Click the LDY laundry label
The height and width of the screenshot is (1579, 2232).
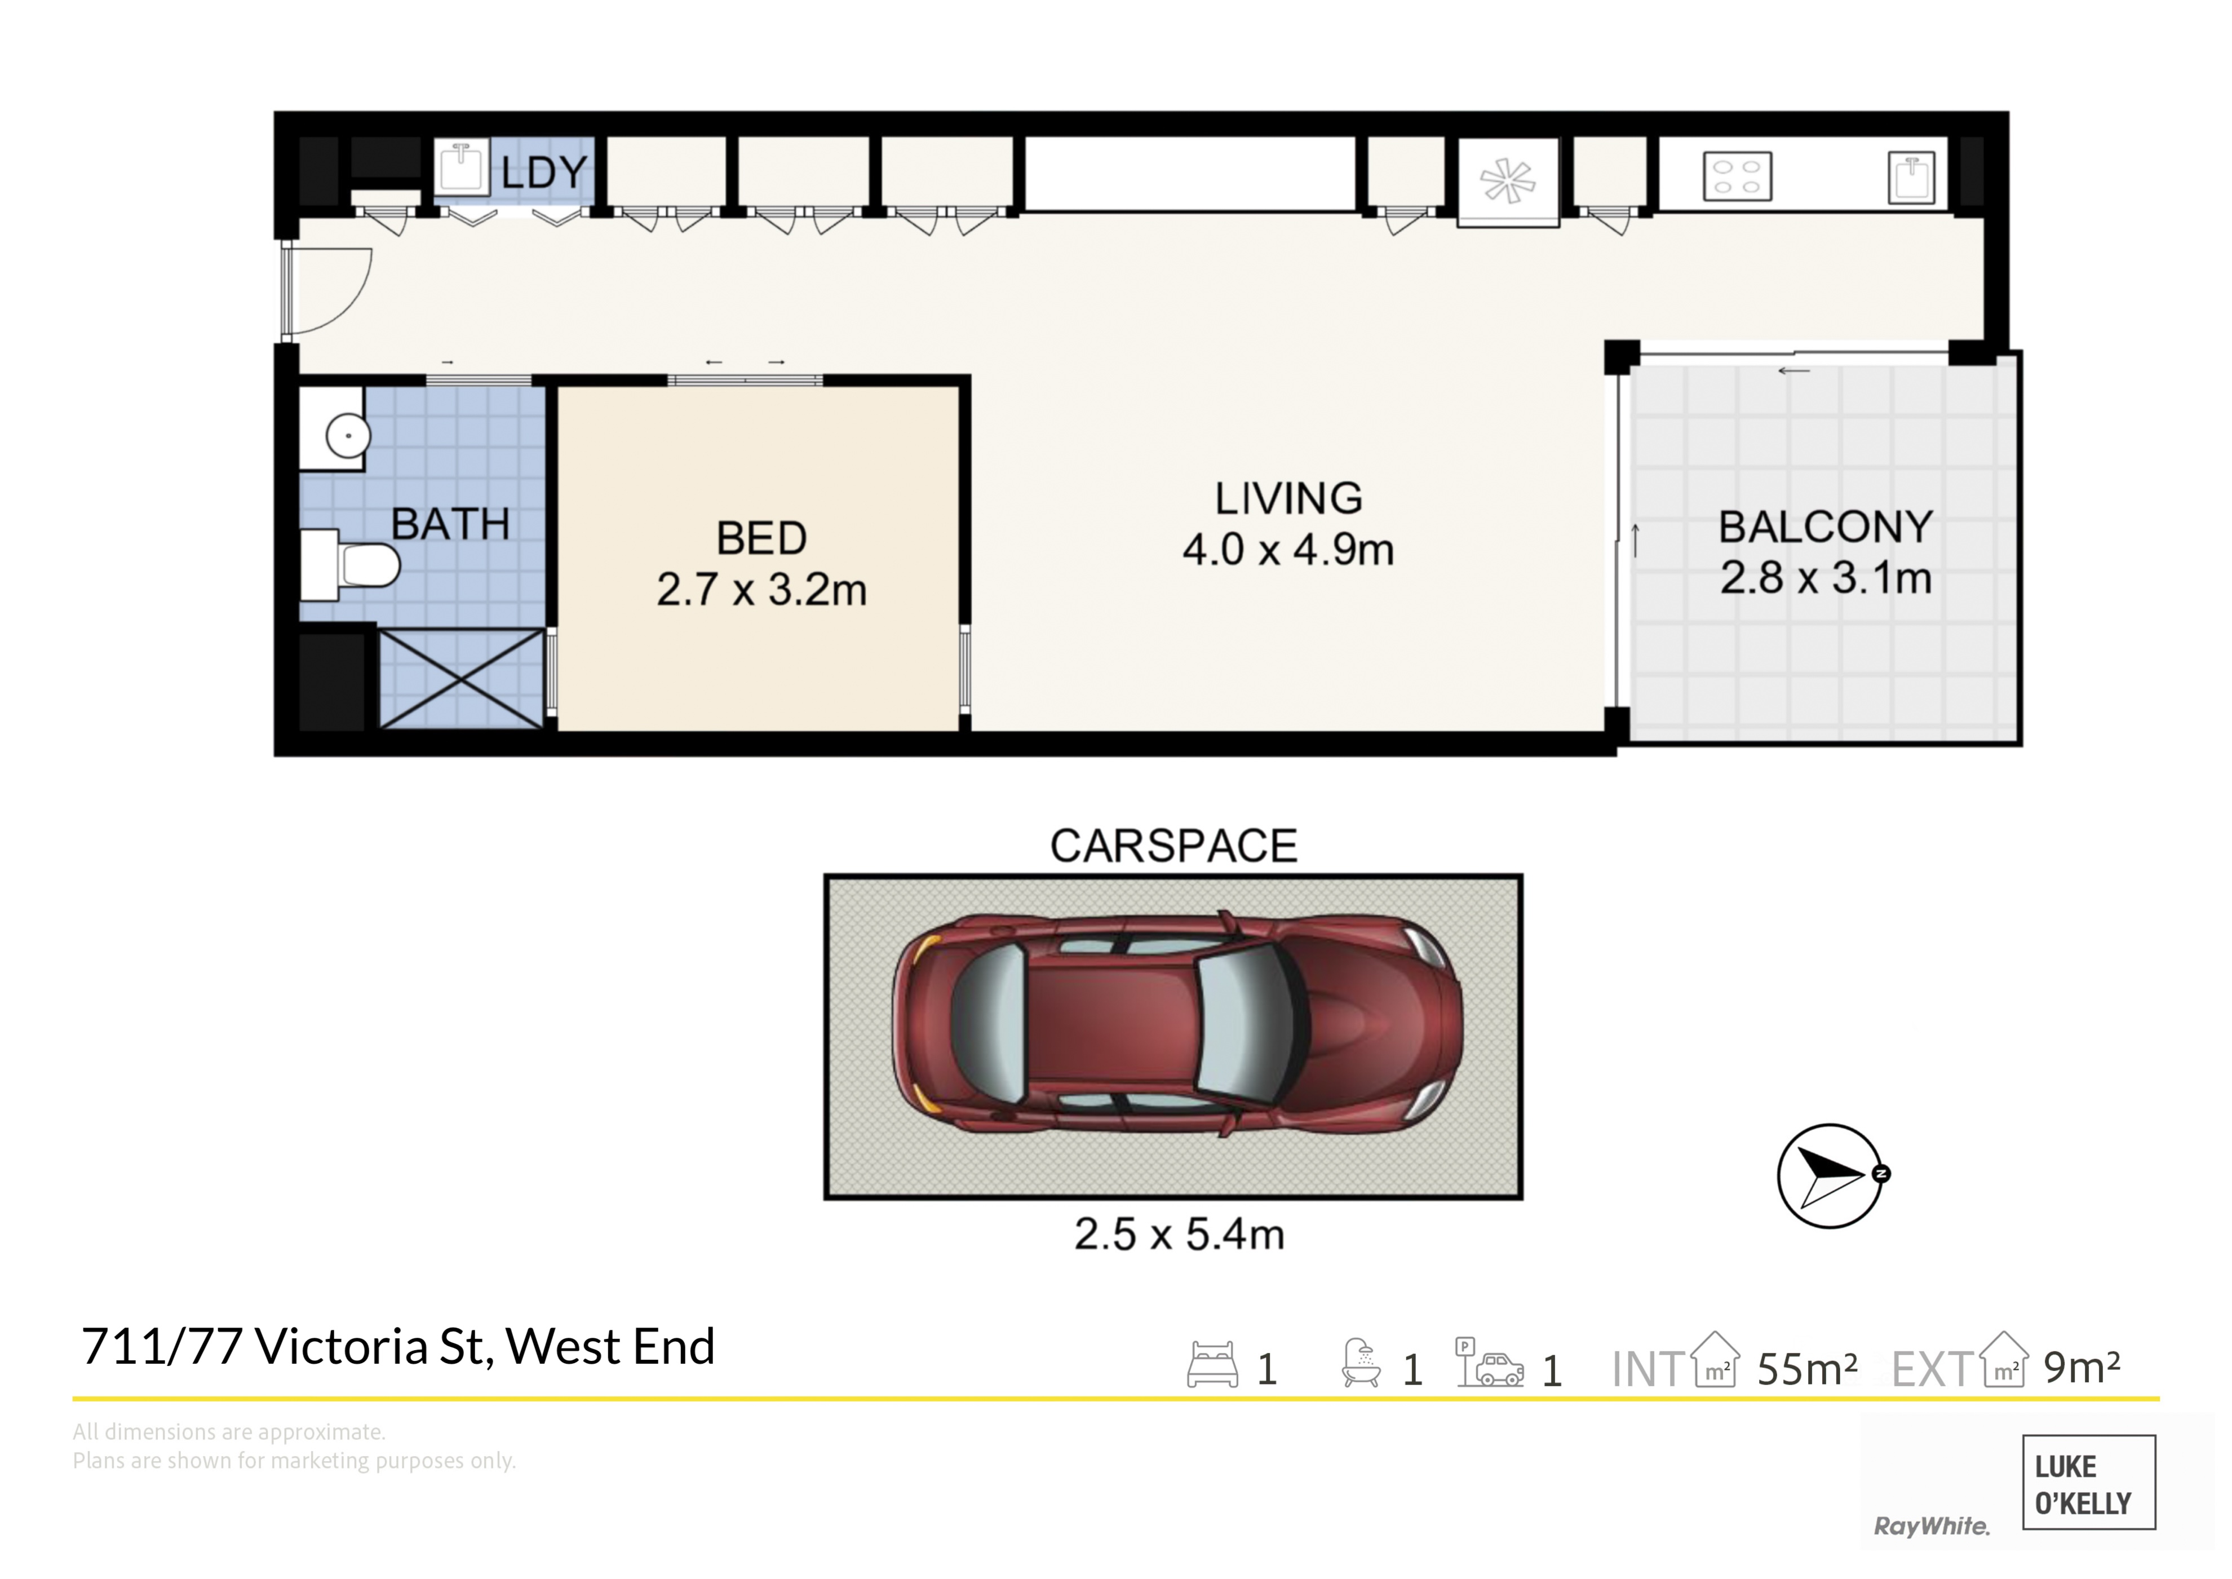[544, 173]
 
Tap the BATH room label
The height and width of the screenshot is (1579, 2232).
[450, 525]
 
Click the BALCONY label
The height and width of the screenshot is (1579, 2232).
[1826, 527]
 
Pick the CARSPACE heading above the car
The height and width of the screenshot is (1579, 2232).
[1173, 846]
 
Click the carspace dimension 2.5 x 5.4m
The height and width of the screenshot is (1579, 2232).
[1179, 1234]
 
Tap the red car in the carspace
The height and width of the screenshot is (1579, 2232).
[1177, 1024]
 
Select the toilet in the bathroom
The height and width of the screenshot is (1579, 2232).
[350, 565]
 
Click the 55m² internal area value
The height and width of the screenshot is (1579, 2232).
[1807, 1369]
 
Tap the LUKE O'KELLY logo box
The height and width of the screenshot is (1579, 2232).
[2089, 1482]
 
